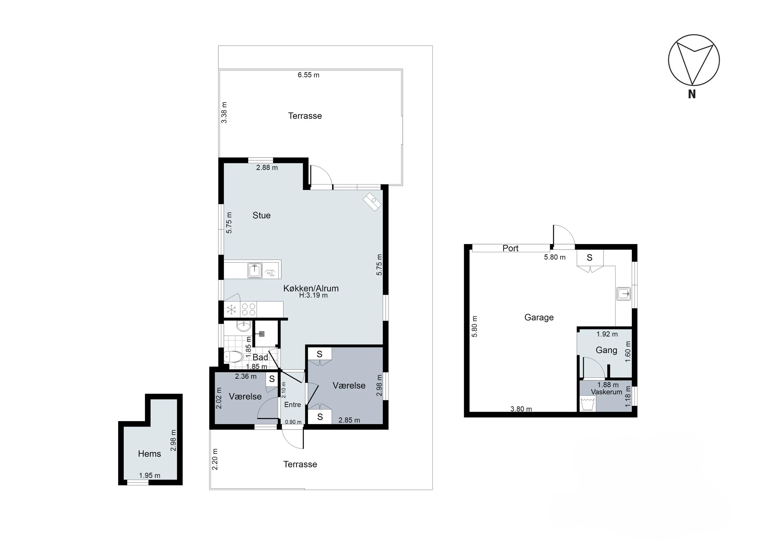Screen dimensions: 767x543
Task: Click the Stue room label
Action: (x=261, y=215)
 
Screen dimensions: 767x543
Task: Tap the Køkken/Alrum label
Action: (x=311, y=288)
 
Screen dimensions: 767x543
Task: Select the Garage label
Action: (x=539, y=317)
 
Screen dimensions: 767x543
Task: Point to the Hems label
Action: (x=149, y=454)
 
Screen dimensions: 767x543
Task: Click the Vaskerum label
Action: (x=606, y=392)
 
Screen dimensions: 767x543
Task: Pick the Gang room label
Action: (x=606, y=350)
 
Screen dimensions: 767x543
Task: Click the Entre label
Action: (x=292, y=405)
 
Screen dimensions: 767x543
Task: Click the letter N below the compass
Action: (x=692, y=94)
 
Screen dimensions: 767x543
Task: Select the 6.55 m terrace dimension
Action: (x=309, y=75)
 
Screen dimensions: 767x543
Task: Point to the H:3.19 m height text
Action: (x=313, y=295)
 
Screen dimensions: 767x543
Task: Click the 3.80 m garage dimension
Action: (x=521, y=409)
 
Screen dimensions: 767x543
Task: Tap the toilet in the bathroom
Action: (x=233, y=357)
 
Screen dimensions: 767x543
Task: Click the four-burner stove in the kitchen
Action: (x=249, y=309)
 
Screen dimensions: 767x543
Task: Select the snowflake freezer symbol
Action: (x=231, y=310)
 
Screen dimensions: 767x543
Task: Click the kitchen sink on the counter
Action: (x=255, y=271)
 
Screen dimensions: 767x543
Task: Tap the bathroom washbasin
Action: (x=243, y=326)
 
